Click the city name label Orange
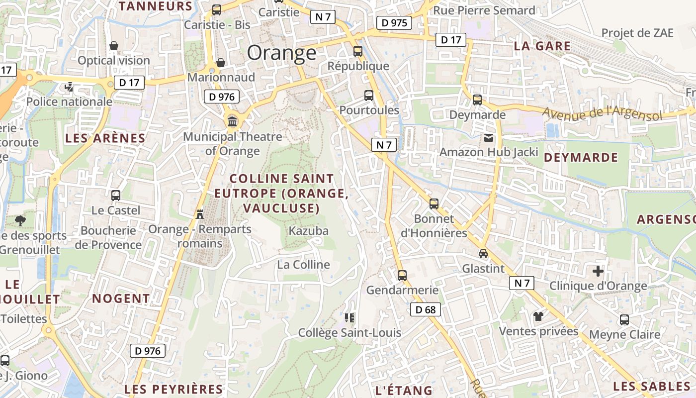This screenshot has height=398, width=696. tap(281, 53)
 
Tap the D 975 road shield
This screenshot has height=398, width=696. tap(394, 22)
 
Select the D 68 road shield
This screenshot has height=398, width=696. tap(425, 310)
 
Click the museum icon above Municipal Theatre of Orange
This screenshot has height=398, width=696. tap(232, 121)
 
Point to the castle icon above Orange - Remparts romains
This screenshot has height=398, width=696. tap(200, 214)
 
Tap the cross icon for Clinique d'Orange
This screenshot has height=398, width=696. tap(598, 271)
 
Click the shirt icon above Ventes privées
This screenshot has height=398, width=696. tap(538, 316)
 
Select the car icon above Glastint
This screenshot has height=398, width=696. tap(483, 254)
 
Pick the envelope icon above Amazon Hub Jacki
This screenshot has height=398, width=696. tap(489, 137)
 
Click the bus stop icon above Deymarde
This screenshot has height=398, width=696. tap(477, 100)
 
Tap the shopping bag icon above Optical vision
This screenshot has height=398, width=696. tap(114, 46)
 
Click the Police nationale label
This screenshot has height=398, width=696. tap(69, 101)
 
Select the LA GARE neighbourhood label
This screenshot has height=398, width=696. tap(542, 46)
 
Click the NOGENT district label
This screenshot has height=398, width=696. tap(121, 298)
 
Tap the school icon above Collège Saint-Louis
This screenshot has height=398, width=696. tap(349, 317)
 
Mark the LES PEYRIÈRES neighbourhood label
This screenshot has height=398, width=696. tap(174, 389)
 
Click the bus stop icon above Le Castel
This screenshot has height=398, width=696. tap(116, 196)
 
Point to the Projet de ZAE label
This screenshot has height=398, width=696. tap(637, 33)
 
